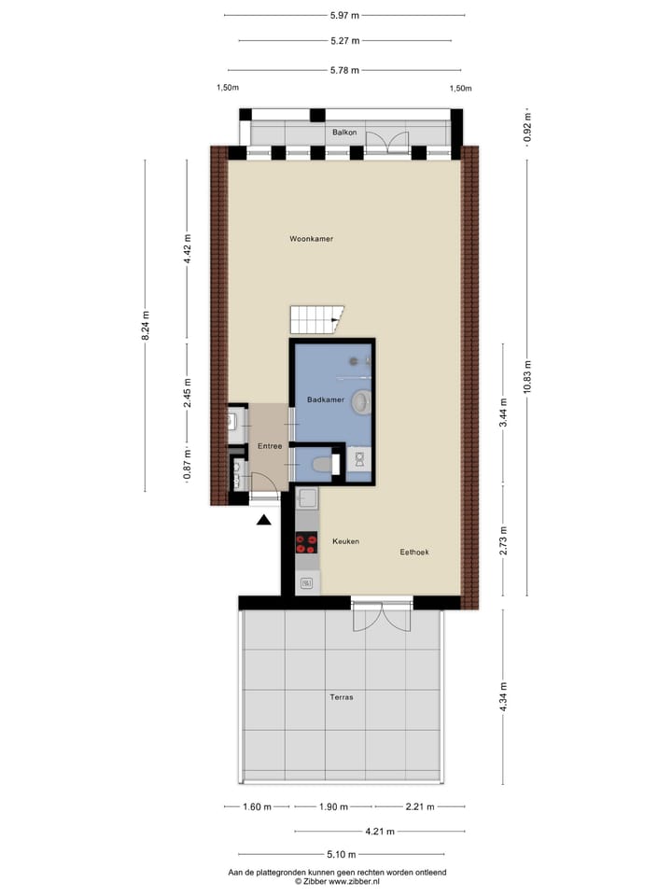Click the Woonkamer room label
click(x=311, y=239)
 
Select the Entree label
click(x=270, y=445)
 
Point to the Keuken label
click(x=344, y=541)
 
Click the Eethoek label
click(x=413, y=553)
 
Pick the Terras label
click(x=341, y=696)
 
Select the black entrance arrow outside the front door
click(x=264, y=520)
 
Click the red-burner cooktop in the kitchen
click(x=306, y=543)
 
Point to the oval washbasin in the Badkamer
click(x=361, y=402)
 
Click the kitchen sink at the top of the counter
click(x=307, y=499)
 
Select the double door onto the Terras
click(x=381, y=613)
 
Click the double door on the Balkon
click(x=387, y=140)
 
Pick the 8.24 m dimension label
click(x=146, y=326)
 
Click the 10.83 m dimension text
click(x=527, y=377)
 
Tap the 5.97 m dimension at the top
click(x=345, y=15)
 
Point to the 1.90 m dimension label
click(x=333, y=806)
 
